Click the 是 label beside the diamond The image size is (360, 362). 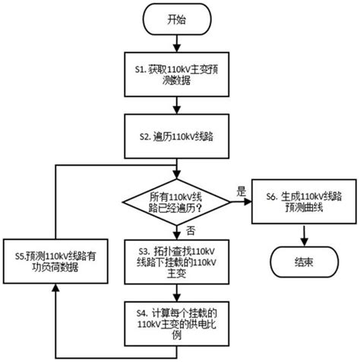[x=242, y=190]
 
